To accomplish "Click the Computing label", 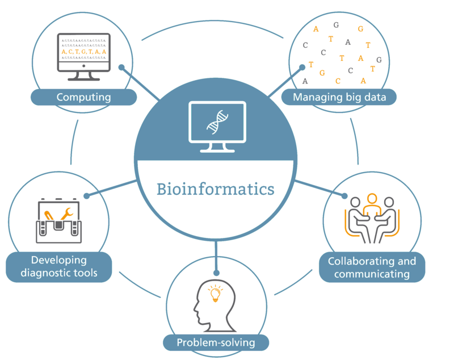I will (x=83, y=97).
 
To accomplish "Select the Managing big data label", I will (x=339, y=97).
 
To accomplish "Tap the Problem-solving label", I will (x=215, y=342).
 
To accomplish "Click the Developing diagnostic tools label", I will (x=59, y=266).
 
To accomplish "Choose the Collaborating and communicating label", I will (x=372, y=267).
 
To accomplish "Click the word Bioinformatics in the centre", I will (x=215, y=188).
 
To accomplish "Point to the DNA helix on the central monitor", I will (x=215, y=121).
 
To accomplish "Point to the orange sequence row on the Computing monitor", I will (x=83, y=52).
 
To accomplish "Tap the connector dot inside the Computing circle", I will (x=121, y=67).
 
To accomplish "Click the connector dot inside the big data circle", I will (x=302, y=67).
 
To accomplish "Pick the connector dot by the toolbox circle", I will (x=87, y=196).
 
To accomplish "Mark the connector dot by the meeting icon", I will (x=344, y=196).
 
